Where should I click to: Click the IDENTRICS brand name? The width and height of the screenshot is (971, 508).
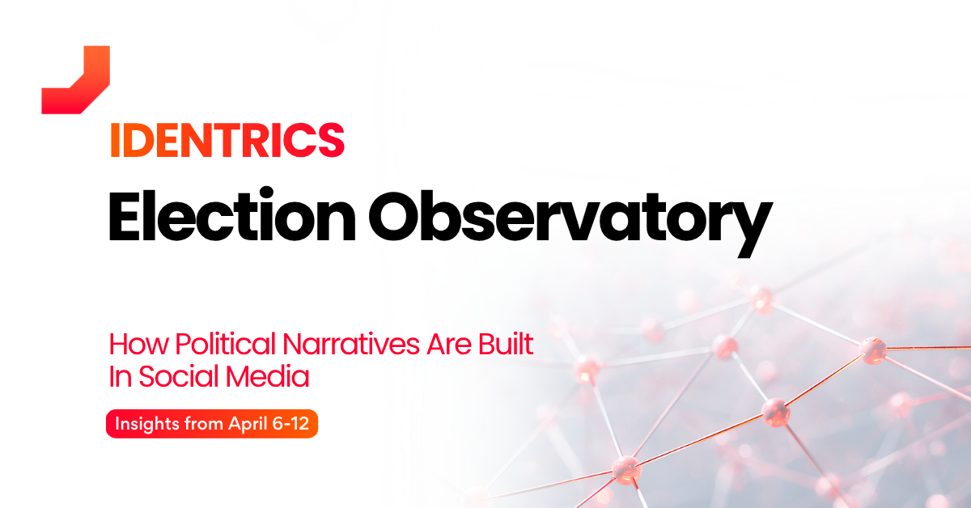[227, 141]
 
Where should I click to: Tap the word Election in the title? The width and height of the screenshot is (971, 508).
[232, 215]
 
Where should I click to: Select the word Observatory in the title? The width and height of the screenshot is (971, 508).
[570, 221]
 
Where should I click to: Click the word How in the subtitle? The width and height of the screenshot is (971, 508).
[138, 344]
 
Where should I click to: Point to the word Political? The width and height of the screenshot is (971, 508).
[226, 344]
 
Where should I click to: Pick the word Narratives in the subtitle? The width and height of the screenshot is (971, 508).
[351, 344]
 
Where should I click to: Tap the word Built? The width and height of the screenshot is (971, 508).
[506, 344]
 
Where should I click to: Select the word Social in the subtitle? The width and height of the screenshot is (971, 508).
[179, 376]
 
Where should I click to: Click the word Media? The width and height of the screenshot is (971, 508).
[268, 376]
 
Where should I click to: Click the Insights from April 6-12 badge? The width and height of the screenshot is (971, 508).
[212, 424]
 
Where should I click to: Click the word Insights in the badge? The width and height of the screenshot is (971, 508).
[147, 424]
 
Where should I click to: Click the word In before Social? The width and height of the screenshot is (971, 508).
[120, 376]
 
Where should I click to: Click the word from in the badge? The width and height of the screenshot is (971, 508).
[204, 424]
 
